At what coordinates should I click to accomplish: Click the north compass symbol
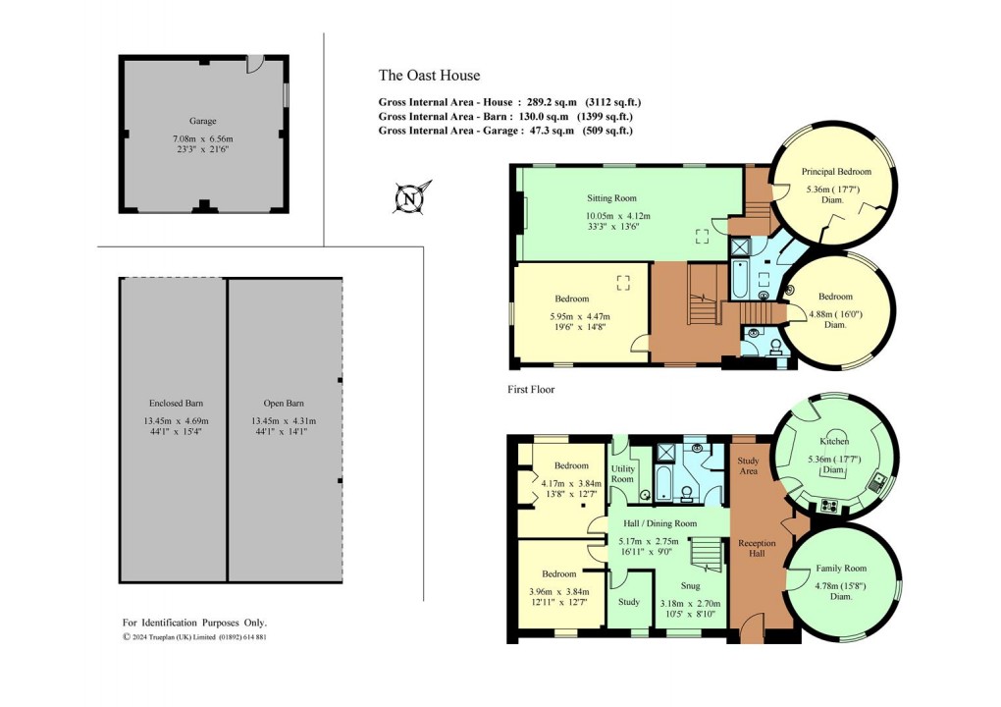[x=408, y=198]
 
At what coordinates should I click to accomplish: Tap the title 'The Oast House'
[x=429, y=76]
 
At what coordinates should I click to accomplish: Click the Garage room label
[x=203, y=121]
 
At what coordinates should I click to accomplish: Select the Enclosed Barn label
[x=173, y=404]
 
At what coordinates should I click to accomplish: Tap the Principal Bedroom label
[x=835, y=172]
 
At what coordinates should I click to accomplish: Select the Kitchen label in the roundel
[x=835, y=442]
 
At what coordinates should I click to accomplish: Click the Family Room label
[x=841, y=570]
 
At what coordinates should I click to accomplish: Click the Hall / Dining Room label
[x=658, y=524]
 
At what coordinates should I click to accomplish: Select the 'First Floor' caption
[x=531, y=390]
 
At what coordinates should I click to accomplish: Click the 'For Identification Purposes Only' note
[x=194, y=623]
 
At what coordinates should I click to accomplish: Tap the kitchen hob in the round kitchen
[x=827, y=507]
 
